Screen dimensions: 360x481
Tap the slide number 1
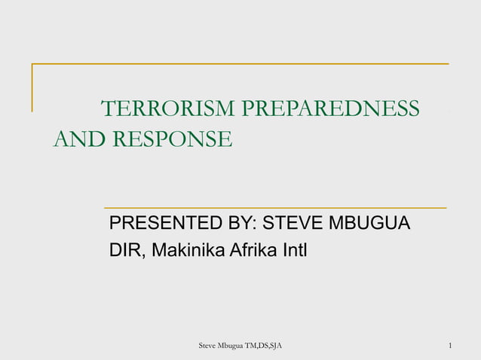click(x=449, y=346)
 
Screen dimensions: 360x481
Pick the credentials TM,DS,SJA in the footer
click(x=267, y=346)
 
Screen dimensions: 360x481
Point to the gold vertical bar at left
click(x=32, y=87)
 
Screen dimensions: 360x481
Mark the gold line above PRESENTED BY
click(x=274, y=207)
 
